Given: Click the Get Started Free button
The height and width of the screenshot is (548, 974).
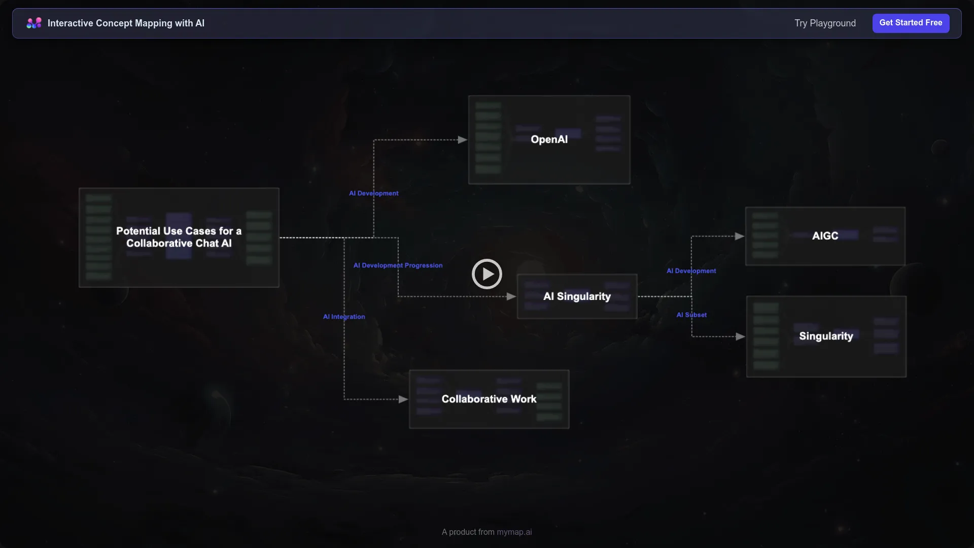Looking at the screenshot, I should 911,23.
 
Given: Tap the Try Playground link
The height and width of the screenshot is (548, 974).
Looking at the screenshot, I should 825,23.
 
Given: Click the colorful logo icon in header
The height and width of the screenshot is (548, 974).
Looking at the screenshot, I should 34,23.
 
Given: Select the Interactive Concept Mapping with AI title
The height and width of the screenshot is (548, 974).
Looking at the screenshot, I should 126,23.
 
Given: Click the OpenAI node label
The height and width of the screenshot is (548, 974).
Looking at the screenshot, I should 549,140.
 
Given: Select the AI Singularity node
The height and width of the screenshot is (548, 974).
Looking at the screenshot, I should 577,296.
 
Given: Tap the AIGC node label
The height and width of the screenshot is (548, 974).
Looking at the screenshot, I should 825,236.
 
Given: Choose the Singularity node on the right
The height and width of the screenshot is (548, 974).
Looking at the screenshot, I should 826,336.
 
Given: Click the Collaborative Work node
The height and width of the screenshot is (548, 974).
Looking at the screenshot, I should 489,399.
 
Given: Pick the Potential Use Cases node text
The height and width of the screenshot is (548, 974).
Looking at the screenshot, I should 179,237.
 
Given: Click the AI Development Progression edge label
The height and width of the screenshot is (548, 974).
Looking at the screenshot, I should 398,265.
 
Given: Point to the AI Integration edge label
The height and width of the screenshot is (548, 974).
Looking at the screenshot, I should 344,317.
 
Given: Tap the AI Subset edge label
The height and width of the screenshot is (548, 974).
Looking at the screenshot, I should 691,315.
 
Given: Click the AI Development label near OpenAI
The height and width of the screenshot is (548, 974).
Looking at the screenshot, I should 373,193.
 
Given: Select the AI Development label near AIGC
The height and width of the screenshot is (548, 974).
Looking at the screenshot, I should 691,271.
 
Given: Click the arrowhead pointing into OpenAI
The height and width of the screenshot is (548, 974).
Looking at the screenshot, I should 462,140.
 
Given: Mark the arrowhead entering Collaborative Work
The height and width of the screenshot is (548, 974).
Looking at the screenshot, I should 403,400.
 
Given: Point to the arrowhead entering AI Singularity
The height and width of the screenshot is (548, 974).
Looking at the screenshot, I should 511,297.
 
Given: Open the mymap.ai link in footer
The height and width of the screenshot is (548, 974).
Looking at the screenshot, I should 514,532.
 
